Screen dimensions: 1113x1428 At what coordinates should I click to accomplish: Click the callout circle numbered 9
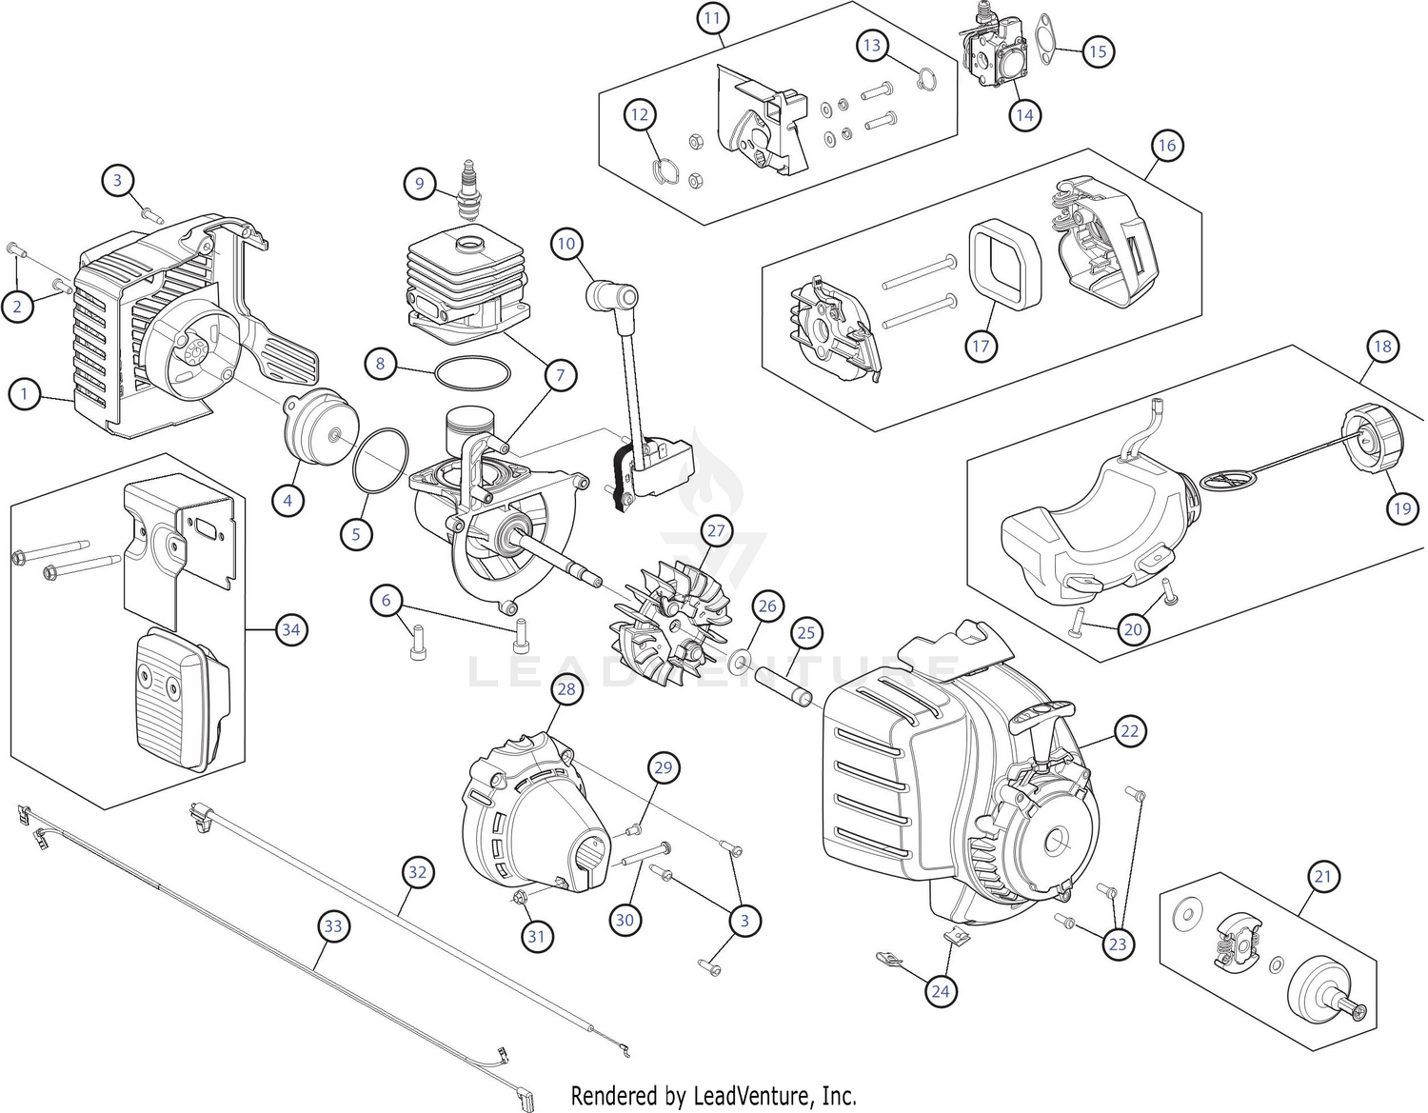[419, 183]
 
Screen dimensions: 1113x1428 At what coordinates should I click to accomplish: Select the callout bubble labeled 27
[714, 531]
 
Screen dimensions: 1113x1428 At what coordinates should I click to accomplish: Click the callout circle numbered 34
[290, 629]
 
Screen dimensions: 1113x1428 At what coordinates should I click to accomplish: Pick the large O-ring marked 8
[472, 373]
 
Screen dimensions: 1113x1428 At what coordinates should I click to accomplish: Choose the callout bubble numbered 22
[1129, 731]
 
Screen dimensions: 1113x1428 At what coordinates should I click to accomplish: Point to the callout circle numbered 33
[332, 925]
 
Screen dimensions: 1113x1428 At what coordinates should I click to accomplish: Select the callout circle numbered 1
[25, 393]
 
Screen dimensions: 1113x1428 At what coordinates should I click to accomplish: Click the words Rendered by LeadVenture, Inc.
[713, 1095]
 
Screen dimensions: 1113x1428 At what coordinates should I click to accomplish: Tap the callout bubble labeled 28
[566, 688]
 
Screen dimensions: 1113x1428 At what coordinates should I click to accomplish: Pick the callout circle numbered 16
[1166, 146]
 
